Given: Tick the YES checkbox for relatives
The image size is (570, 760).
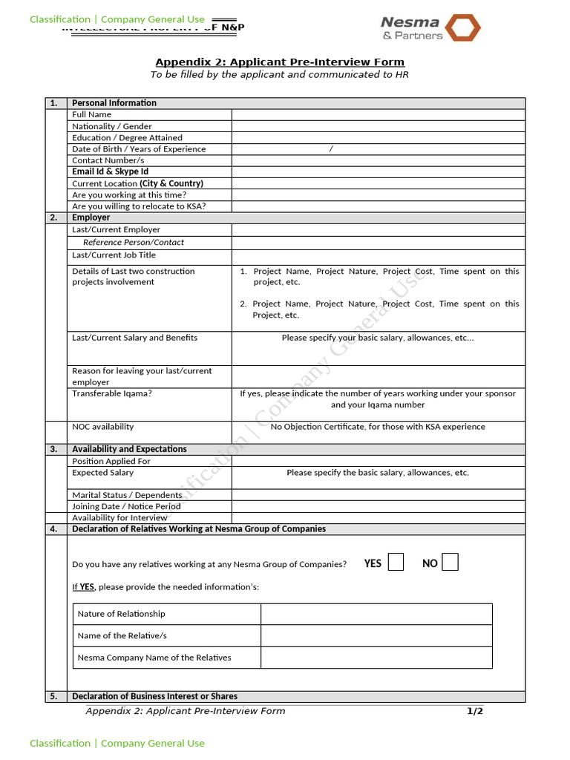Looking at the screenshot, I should [x=396, y=563].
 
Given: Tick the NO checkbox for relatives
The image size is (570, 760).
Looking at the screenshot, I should [x=450, y=563].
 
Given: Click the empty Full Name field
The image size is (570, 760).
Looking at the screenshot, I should [x=378, y=114].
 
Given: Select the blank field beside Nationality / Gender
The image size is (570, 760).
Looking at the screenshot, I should [x=378, y=126].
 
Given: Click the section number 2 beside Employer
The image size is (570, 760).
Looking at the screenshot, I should [x=54, y=217].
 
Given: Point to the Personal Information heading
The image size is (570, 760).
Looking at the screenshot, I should [x=114, y=103].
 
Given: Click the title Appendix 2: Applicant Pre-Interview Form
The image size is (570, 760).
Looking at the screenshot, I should [x=280, y=62].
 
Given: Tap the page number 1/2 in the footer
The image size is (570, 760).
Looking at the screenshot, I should [x=474, y=711].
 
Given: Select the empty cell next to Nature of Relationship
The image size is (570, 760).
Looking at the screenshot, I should [x=376, y=614].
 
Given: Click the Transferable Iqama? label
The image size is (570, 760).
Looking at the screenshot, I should [x=112, y=393].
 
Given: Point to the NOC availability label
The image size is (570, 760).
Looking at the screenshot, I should [x=103, y=427].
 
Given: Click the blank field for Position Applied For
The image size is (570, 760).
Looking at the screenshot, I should [x=378, y=461].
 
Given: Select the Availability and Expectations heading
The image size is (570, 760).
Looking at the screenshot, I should [x=129, y=449].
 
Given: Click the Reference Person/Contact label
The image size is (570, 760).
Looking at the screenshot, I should [x=134, y=242].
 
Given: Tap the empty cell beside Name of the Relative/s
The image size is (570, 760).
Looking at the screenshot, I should [x=376, y=635].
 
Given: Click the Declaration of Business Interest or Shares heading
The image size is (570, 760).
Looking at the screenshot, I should [x=154, y=696].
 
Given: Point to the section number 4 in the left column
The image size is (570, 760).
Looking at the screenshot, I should [x=54, y=529].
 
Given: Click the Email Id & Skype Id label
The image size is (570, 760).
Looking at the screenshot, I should [x=110, y=171].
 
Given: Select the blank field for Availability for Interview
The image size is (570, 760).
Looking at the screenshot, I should [x=378, y=517].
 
